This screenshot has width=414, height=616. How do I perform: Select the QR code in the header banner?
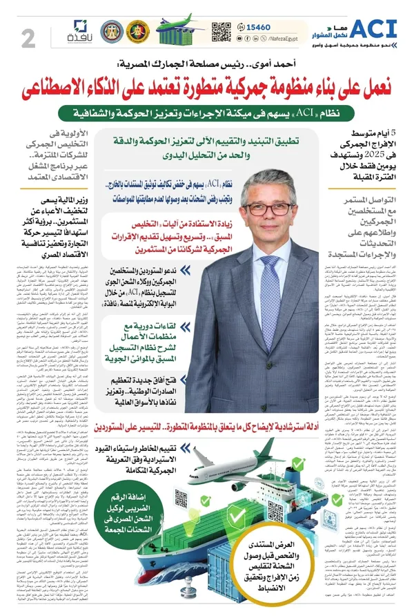(x=220, y=32)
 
